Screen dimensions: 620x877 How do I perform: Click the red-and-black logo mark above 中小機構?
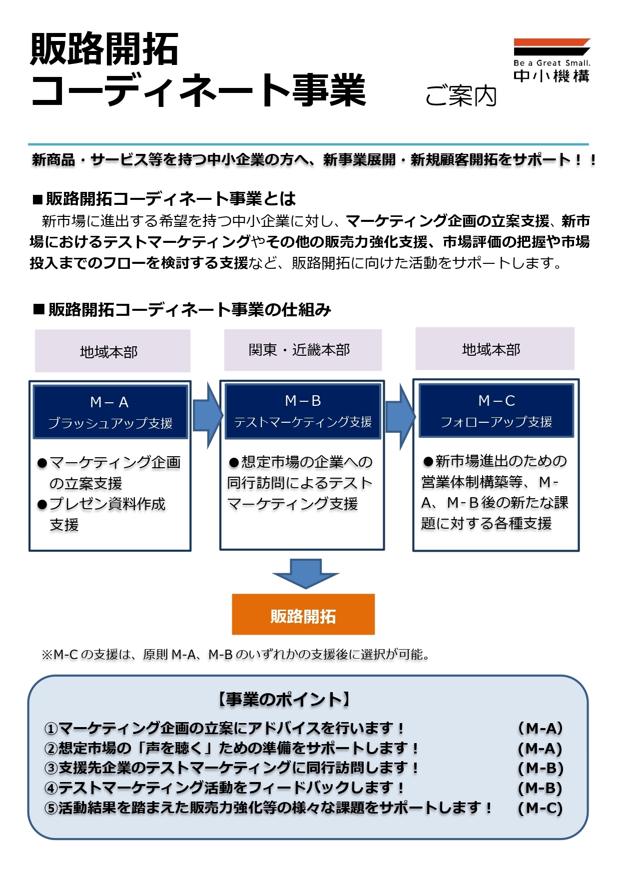tap(552, 47)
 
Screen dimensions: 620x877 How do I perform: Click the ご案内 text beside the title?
tap(461, 96)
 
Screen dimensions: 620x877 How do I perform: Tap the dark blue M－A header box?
tap(110, 412)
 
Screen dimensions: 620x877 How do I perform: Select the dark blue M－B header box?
tap(303, 411)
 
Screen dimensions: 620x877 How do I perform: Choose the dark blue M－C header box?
tap(496, 410)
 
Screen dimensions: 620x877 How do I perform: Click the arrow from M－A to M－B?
tap(207, 415)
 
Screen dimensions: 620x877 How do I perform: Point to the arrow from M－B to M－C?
tap(400, 415)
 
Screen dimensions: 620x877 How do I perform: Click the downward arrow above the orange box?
tap(306, 574)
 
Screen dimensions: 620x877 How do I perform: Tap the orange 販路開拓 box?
tap(303, 614)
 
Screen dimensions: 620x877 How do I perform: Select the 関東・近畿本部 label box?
tap(303, 350)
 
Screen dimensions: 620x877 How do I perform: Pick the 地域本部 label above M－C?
tap(495, 349)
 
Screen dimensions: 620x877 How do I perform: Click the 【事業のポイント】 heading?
tap(284, 699)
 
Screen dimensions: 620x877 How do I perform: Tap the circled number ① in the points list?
tap(51, 729)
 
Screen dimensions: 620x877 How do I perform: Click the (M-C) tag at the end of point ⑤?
tap(541, 808)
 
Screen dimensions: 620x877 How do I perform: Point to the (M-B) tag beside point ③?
tap(541, 768)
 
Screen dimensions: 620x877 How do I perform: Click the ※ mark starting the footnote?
tap(47, 655)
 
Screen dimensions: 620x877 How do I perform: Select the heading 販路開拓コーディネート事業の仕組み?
tap(182, 310)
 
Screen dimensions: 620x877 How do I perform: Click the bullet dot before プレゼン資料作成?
tap(42, 505)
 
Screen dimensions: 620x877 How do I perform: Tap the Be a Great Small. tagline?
tap(552, 63)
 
